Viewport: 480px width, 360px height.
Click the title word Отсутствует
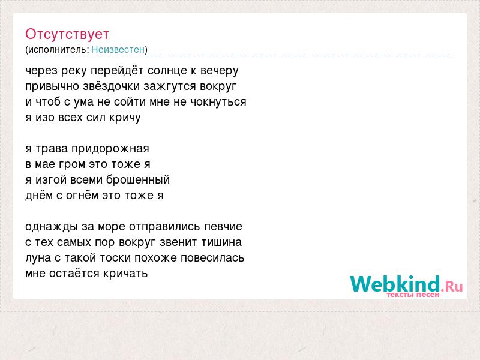[x=67, y=34]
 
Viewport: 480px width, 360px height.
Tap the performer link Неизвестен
[x=118, y=50]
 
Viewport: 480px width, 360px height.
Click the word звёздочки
[x=112, y=86]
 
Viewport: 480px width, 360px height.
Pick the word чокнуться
[x=218, y=102]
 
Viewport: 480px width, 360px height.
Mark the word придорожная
[x=110, y=149]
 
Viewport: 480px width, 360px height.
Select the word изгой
[x=51, y=180]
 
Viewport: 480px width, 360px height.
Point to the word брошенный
[x=138, y=180]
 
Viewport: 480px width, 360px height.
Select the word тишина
[x=221, y=242]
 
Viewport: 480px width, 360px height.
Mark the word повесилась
[x=212, y=258]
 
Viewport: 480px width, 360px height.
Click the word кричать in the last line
[x=125, y=274]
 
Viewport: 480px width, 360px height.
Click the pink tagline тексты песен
[x=413, y=295]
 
